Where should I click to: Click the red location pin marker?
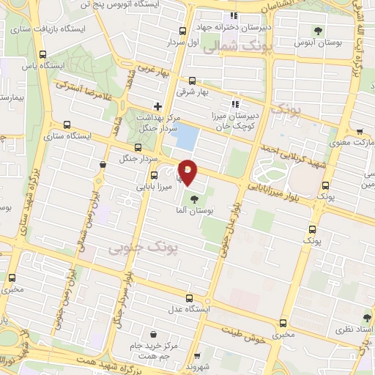point(187,171)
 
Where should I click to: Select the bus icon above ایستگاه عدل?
point(190,298)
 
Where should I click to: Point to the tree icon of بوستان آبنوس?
point(318,30)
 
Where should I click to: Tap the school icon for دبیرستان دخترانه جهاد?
point(234,15)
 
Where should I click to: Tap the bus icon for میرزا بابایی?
point(154,174)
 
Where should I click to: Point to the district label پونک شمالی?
point(233,45)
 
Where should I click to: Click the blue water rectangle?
point(189,136)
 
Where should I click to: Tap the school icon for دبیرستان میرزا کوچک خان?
point(235,103)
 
